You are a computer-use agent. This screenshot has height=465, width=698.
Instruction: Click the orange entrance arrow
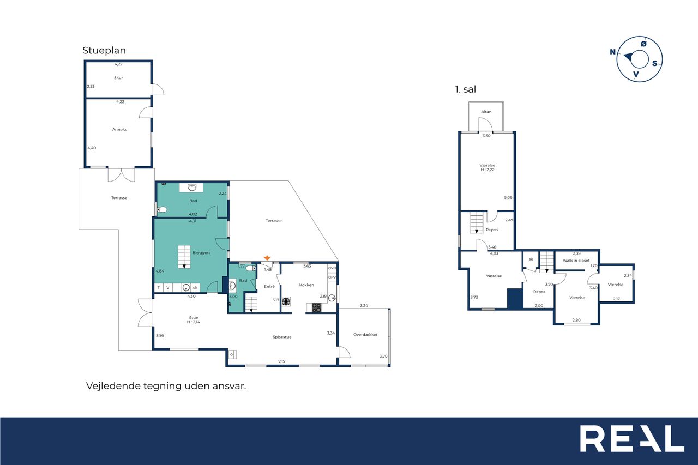pyautogui.click(x=267, y=258)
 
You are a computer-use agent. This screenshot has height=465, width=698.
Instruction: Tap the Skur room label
pyautogui.click(x=118, y=78)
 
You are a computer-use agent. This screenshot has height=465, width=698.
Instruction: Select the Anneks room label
pyautogui.click(x=119, y=130)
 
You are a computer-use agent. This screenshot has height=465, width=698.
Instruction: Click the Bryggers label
pyautogui.click(x=202, y=252)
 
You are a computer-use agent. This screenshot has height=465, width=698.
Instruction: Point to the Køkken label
pyautogui.click(x=306, y=285)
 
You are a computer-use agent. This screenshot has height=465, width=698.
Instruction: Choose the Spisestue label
pyautogui.click(x=282, y=337)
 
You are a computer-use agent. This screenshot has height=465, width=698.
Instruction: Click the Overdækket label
pyautogui.click(x=365, y=335)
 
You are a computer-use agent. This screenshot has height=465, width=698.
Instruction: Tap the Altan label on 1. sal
pyautogui.click(x=486, y=112)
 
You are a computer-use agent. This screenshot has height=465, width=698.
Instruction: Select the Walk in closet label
pyautogui.click(x=576, y=261)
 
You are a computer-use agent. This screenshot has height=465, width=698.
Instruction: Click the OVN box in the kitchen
pyautogui.click(x=332, y=268)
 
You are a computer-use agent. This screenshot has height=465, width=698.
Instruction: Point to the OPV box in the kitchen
pyautogui.click(x=332, y=277)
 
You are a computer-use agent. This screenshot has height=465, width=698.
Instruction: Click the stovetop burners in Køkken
pyautogui.click(x=317, y=307)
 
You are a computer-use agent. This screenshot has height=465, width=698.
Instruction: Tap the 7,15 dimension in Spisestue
pyautogui.click(x=282, y=361)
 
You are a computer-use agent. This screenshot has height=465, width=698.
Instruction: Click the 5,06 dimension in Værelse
pyautogui.click(x=508, y=197)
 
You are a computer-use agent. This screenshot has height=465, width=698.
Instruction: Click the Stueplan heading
pyautogui.click(x=104, y=51)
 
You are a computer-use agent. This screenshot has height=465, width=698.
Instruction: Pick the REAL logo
pyautogui.click(x=632, y=438)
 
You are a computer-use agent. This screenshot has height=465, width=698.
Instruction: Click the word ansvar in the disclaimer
pyautogui.click(x=230, y=386)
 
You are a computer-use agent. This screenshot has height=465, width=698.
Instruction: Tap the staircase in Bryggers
pyautogui.click(x=184, y=257)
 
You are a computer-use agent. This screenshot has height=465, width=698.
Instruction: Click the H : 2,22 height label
pyautogui.click(x=488, y=170)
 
